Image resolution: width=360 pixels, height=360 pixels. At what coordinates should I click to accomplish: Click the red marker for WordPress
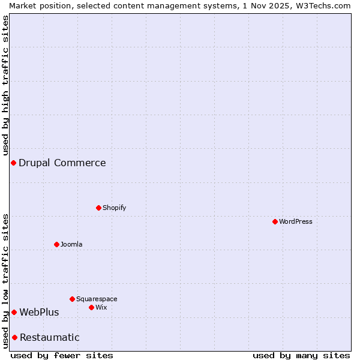(x=275, y=221)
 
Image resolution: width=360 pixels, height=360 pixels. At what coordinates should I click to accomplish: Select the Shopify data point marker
(x=98, y=208)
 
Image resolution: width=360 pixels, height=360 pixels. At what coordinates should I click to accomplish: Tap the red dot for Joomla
(x=56, y=244)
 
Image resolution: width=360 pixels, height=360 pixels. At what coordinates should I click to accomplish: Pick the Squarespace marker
(x=72, y=299)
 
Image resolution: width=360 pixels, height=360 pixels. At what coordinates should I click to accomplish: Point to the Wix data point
(x=91, y=307)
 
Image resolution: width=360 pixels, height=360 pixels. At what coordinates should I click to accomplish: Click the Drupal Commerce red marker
(x=13, y=163)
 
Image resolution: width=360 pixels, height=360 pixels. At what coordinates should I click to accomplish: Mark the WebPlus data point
(x=14, y=312)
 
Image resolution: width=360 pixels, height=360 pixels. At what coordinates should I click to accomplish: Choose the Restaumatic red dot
(x=14, y=337)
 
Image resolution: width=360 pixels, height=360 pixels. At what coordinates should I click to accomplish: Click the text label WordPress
(x=296, y=221)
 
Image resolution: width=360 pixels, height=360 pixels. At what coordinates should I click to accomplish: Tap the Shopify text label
(x=115, y=208)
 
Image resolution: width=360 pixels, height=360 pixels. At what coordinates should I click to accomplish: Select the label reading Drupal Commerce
(x=62, y=163)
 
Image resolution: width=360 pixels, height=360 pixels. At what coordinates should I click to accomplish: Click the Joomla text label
(x=71, y=244)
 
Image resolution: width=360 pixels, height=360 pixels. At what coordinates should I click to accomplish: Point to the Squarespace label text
(x=97, y=299)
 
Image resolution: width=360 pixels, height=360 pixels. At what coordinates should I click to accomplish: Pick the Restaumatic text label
(x=50, y=337)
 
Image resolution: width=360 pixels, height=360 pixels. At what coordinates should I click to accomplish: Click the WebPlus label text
(x=40, y=312)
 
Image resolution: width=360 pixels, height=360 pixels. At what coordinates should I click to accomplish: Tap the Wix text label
(x=101, y=307)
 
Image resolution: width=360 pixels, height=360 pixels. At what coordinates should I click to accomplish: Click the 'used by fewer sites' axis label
(x=62, y=355)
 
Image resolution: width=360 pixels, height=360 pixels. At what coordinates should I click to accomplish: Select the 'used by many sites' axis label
(x=301, y=355)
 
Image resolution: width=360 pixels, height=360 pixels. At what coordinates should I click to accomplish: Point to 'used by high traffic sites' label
(x=5, y=85)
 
